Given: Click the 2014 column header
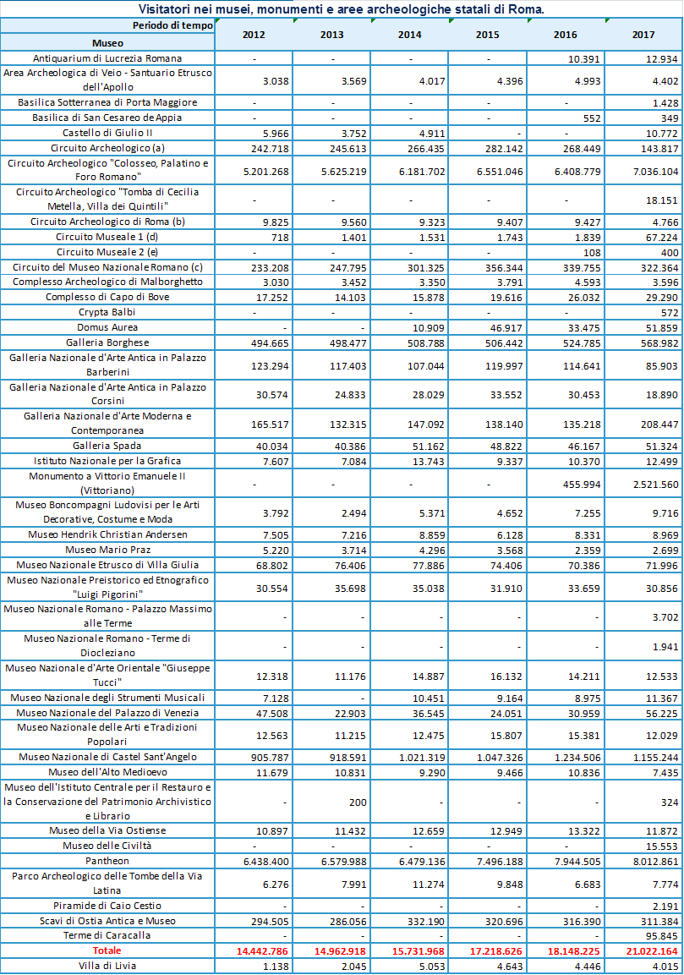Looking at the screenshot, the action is point(410,35).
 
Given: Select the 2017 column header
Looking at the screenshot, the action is point(643,35).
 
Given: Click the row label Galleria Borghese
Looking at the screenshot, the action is point(107,342).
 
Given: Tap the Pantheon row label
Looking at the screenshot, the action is point(107,861).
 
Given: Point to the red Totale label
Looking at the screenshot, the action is point(107,950).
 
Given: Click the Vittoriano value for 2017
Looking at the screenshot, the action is point(655,485).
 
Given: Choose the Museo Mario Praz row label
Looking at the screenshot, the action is point(107,550).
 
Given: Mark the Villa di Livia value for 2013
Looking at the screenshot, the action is point(353,967).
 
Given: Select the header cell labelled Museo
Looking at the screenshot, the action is point(107,43).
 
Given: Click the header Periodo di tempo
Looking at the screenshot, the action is point(172,25).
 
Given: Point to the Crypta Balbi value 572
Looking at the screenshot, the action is point(669,313).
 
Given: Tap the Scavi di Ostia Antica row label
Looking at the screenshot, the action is point(107,921).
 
